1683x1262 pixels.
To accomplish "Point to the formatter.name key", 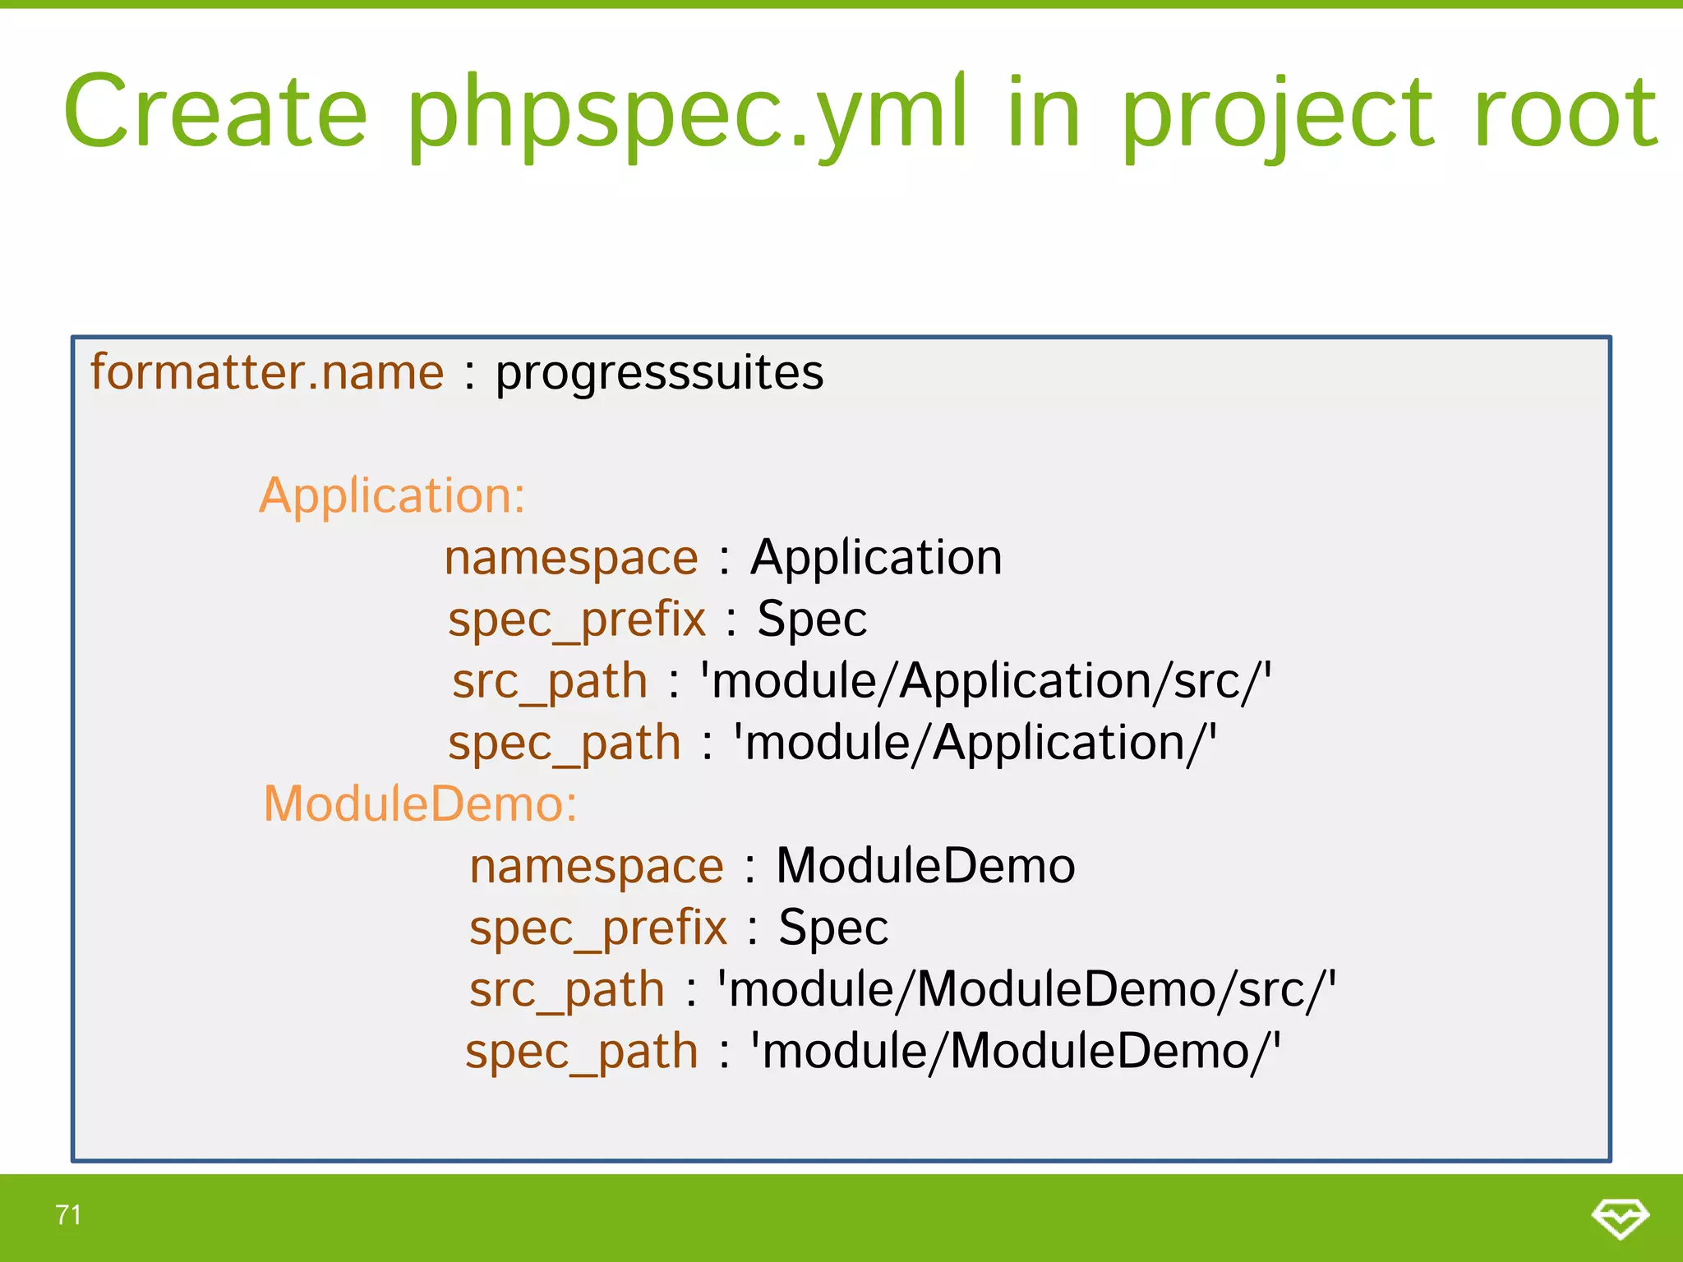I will (267, 372).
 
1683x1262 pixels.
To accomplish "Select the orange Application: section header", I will (392, 495).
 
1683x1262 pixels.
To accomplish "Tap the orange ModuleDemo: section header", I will (420, 804).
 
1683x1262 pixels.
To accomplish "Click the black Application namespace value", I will (876, 558).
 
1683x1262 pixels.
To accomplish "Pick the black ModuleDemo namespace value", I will (925, 866).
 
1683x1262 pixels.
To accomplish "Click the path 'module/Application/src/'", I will (985, 681).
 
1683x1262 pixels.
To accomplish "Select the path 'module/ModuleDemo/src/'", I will (1026, 989).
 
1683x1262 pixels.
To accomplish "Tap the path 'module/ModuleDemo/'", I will (1016, 1051).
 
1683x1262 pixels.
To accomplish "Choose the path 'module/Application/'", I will (975, 743).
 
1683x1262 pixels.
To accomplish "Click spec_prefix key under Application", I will (576, 619).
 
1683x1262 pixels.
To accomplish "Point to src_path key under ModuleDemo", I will (567, 989).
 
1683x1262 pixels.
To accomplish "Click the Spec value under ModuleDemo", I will (833, 928).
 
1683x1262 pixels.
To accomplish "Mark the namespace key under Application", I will (571, 558).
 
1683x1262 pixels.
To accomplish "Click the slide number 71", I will (68, 1214).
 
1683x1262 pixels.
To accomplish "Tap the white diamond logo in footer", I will (1620, 1218).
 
